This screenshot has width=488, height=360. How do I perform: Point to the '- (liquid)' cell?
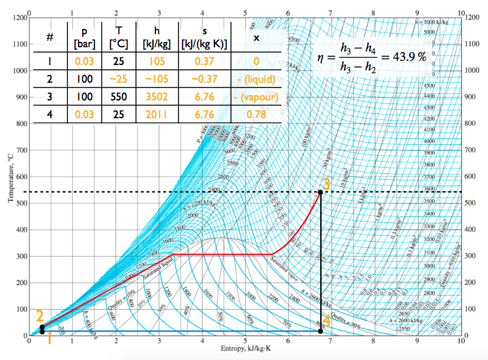click(256, 78)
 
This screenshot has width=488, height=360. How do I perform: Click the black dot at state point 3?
click(320, 192)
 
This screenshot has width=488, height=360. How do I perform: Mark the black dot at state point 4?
click(320, 331)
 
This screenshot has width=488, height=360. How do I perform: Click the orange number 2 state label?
click(40, 316)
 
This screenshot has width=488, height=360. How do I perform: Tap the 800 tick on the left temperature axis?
click(20, 124)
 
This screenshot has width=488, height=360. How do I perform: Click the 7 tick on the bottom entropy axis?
click(331, 342)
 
